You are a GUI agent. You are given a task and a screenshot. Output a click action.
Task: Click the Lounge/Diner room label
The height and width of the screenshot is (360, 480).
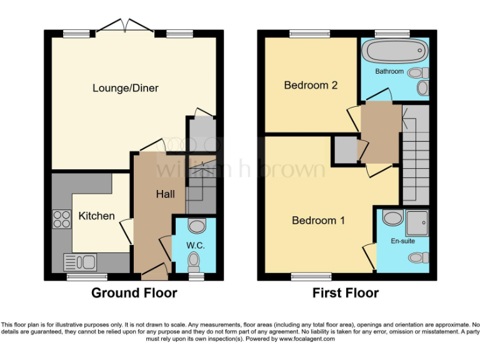pos(126,88)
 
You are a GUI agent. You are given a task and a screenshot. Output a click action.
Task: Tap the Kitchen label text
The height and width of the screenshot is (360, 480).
pos(96,216)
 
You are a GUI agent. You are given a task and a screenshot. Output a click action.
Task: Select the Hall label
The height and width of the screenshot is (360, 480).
pos(165,194)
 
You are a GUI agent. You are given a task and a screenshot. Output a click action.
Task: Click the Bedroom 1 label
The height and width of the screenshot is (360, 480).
pos(318,221)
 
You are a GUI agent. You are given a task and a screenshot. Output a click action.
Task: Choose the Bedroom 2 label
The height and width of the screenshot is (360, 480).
pos(311,85)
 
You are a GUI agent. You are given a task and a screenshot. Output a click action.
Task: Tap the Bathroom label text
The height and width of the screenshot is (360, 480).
pos(389,71)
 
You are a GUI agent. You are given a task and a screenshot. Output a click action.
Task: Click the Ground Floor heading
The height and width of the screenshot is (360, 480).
pos(134,292)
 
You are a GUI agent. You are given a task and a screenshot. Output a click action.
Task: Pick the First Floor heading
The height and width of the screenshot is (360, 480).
pos(346,292)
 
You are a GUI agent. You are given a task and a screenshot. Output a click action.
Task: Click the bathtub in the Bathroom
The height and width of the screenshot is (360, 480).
pos(394,50)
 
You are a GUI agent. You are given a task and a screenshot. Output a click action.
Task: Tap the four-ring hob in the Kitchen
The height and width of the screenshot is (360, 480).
pos(61,219)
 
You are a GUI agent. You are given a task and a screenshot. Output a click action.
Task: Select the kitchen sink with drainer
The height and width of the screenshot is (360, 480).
pos(79,261)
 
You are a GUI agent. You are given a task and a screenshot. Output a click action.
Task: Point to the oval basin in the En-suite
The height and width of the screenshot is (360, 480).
pos(392,218)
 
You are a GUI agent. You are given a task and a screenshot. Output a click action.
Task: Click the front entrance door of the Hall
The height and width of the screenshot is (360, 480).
pos(154,272)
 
